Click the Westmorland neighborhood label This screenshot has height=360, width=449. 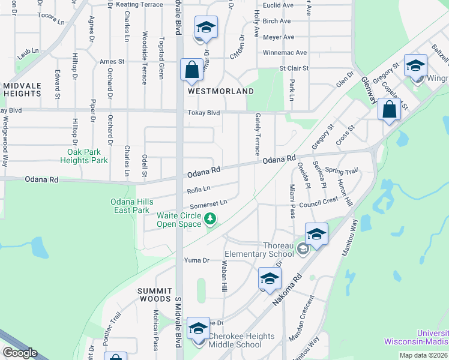point(221,91)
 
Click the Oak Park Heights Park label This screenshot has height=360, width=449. point(84,156)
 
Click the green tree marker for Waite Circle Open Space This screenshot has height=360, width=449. point(210,220)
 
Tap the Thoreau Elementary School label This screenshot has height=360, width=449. point(278,250)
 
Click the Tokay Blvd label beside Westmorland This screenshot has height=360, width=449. point(204,113)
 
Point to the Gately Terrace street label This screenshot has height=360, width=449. point(257,134)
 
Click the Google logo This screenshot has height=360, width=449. point(20,353)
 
